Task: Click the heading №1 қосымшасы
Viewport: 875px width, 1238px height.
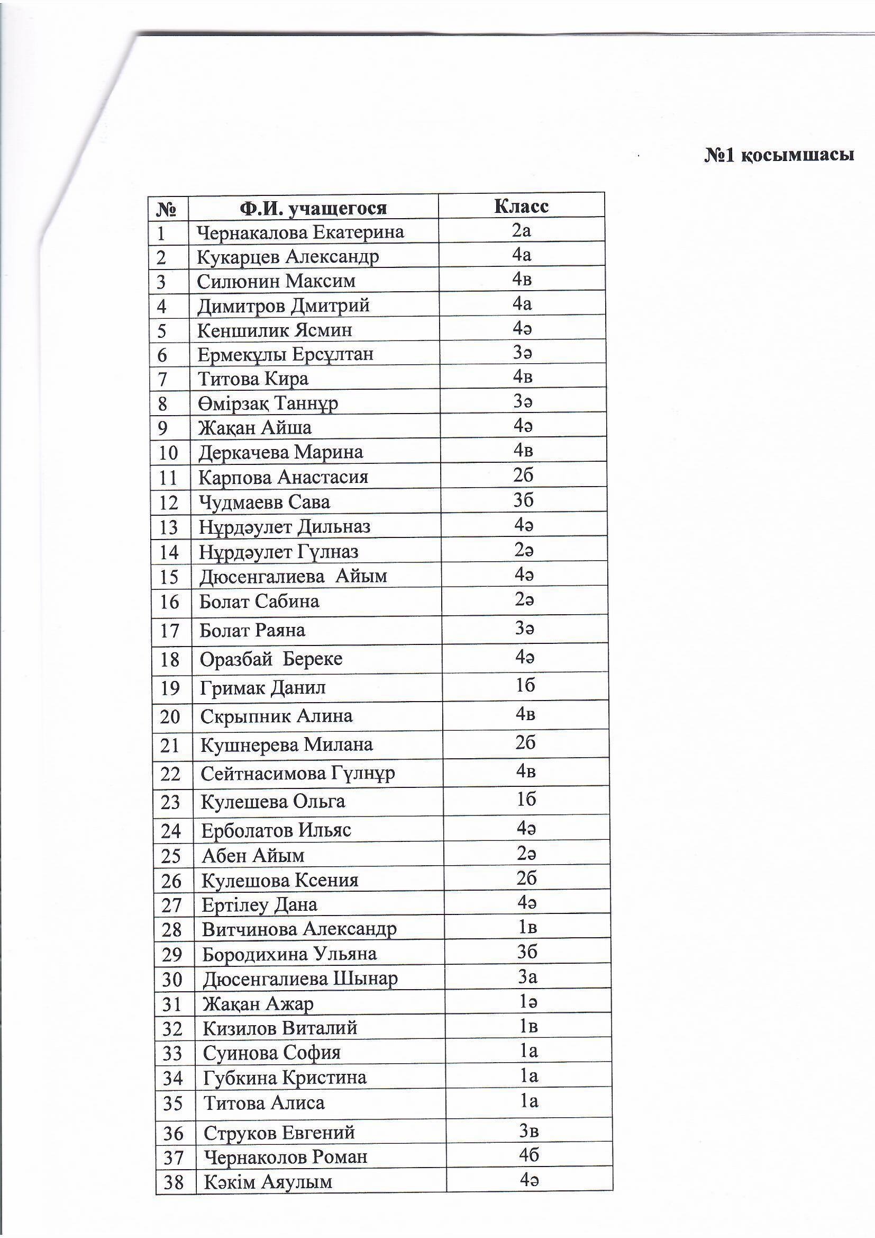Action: tap(779, 155)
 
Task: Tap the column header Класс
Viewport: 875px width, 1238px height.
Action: tap(521, 207)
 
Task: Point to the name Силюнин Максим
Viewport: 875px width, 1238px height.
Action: tap(276, 282)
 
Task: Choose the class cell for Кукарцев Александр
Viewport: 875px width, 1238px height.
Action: tap(522, 255)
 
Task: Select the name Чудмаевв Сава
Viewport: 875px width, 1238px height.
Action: tap(264, 503)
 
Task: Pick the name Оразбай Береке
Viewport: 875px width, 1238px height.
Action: tap(271, 659)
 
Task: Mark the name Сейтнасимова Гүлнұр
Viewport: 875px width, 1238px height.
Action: tap(297, 774)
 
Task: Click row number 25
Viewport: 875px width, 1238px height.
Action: tap(171, 856)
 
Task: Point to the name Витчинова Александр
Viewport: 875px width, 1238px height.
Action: tap(299, 929)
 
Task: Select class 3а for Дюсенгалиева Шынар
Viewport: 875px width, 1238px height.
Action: tap(527, 977)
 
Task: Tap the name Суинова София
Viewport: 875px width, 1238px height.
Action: tap(271, 1053)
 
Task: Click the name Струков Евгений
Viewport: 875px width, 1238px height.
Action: tap(279, 1133)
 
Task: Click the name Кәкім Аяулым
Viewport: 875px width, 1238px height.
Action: tap(268, 1182)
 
